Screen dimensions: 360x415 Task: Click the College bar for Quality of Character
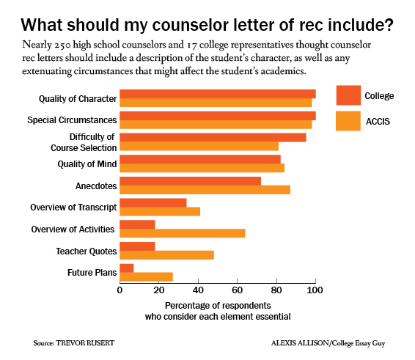click(217, 94)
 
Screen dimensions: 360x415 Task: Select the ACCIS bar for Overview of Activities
click(182, 233)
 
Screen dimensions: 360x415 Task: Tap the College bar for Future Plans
click(126, 268)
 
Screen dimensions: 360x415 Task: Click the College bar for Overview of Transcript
click(153, 203)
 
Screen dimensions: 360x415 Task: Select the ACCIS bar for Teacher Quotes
click(166, 255)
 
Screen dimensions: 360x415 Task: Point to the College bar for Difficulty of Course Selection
click(213, 137)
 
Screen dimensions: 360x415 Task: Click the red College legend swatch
click(348, 95)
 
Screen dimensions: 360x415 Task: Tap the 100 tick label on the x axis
click(315, 290)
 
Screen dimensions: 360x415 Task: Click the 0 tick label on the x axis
click(120, 290)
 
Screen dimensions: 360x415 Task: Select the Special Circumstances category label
click(72, 120)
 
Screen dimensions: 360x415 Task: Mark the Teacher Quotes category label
click(86, 251)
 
